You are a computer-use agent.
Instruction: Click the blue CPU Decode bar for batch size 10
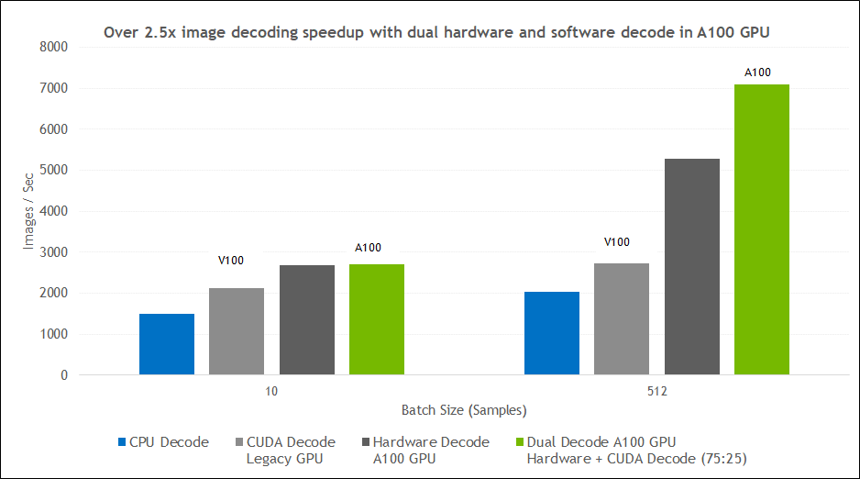(167, 344)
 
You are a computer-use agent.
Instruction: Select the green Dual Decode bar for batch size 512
(761, 229)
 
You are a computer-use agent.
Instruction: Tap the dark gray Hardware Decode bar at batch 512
(691, 266)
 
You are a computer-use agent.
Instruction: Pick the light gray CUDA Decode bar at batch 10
(237, 331)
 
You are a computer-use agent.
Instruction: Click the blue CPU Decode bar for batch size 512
(551, 333)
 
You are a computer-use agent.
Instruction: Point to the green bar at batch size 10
(377, 319)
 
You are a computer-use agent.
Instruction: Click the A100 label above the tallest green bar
(757, 72)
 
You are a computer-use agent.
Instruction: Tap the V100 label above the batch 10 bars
(230, 261)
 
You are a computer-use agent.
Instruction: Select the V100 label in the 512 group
(617, 242)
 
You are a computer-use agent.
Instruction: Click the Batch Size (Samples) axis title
(464, 409)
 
